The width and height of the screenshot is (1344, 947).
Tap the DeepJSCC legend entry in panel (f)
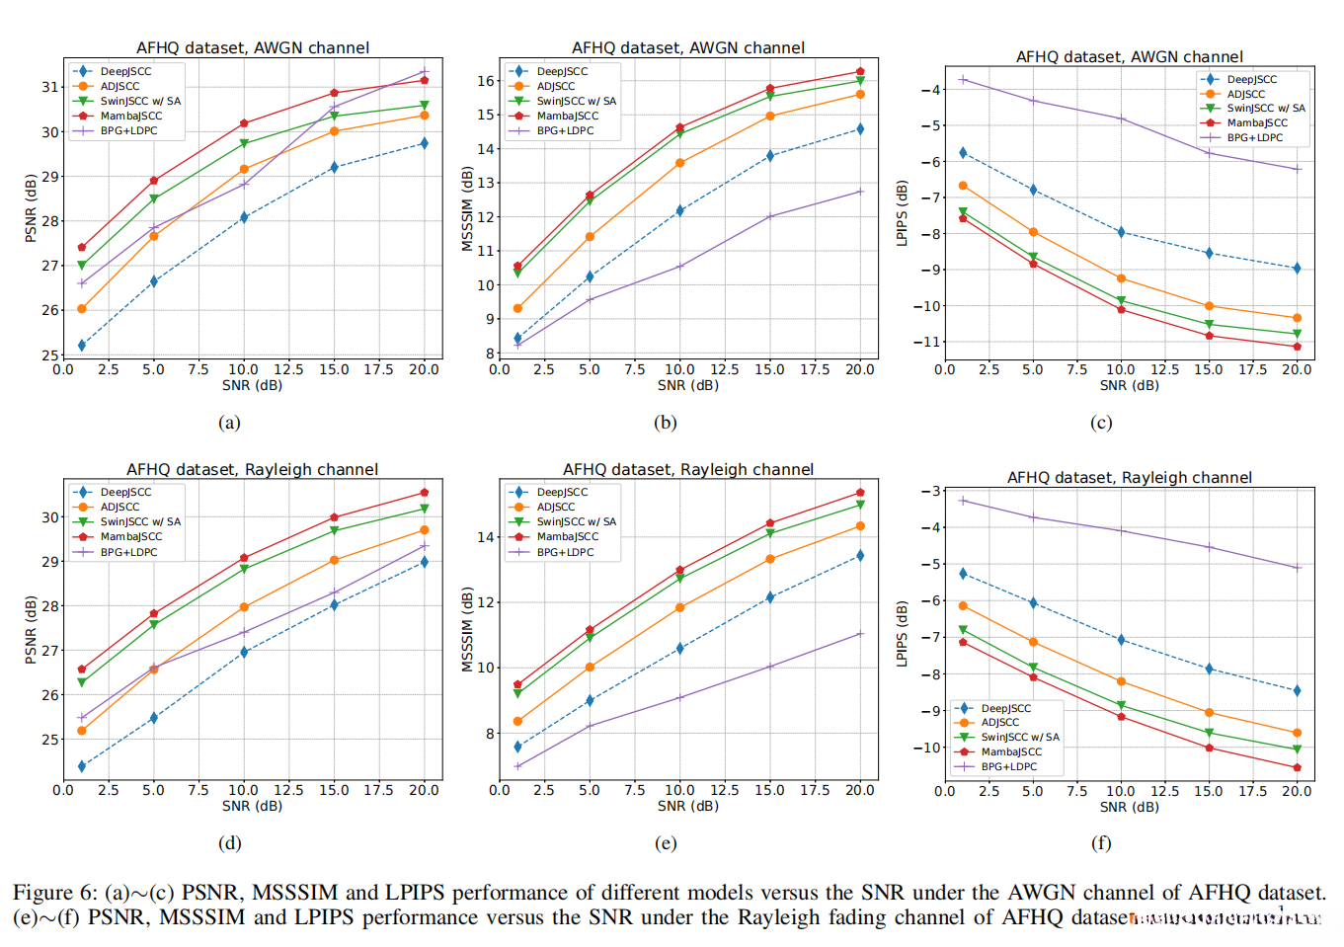1005,708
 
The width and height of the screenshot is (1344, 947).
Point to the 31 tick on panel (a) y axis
49,87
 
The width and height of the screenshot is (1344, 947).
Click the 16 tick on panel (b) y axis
486,81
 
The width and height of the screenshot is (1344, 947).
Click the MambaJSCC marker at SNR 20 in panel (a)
425,80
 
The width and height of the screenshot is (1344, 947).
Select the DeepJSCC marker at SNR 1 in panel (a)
82,346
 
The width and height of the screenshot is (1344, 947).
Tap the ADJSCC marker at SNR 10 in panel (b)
679,163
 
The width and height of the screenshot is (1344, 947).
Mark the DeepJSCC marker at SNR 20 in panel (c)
1297,269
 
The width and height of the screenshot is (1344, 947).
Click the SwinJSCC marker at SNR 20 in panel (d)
425,509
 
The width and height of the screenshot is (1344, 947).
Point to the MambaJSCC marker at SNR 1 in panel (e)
517,684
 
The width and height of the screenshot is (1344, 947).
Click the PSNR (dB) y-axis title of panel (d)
31,629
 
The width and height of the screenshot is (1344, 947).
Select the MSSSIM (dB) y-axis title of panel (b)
467,208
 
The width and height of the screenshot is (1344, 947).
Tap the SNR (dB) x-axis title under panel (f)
1129,807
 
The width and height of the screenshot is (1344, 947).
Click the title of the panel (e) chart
688,469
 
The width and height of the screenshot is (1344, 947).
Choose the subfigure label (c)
1101,423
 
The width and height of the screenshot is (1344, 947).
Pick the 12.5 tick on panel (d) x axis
288,790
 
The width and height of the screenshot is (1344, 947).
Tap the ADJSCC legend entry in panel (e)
556,507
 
